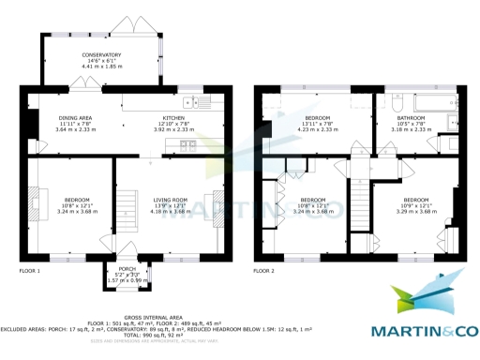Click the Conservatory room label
[x=100, y=55]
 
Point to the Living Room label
[x=172, y=199]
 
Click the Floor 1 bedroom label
[x=77, y=200]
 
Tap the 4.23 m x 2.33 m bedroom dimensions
[x=318, y=130]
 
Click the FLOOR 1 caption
[x=29, y=271]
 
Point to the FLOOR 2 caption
[x=263, y=271]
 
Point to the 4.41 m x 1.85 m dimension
[x=100, y=67]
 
